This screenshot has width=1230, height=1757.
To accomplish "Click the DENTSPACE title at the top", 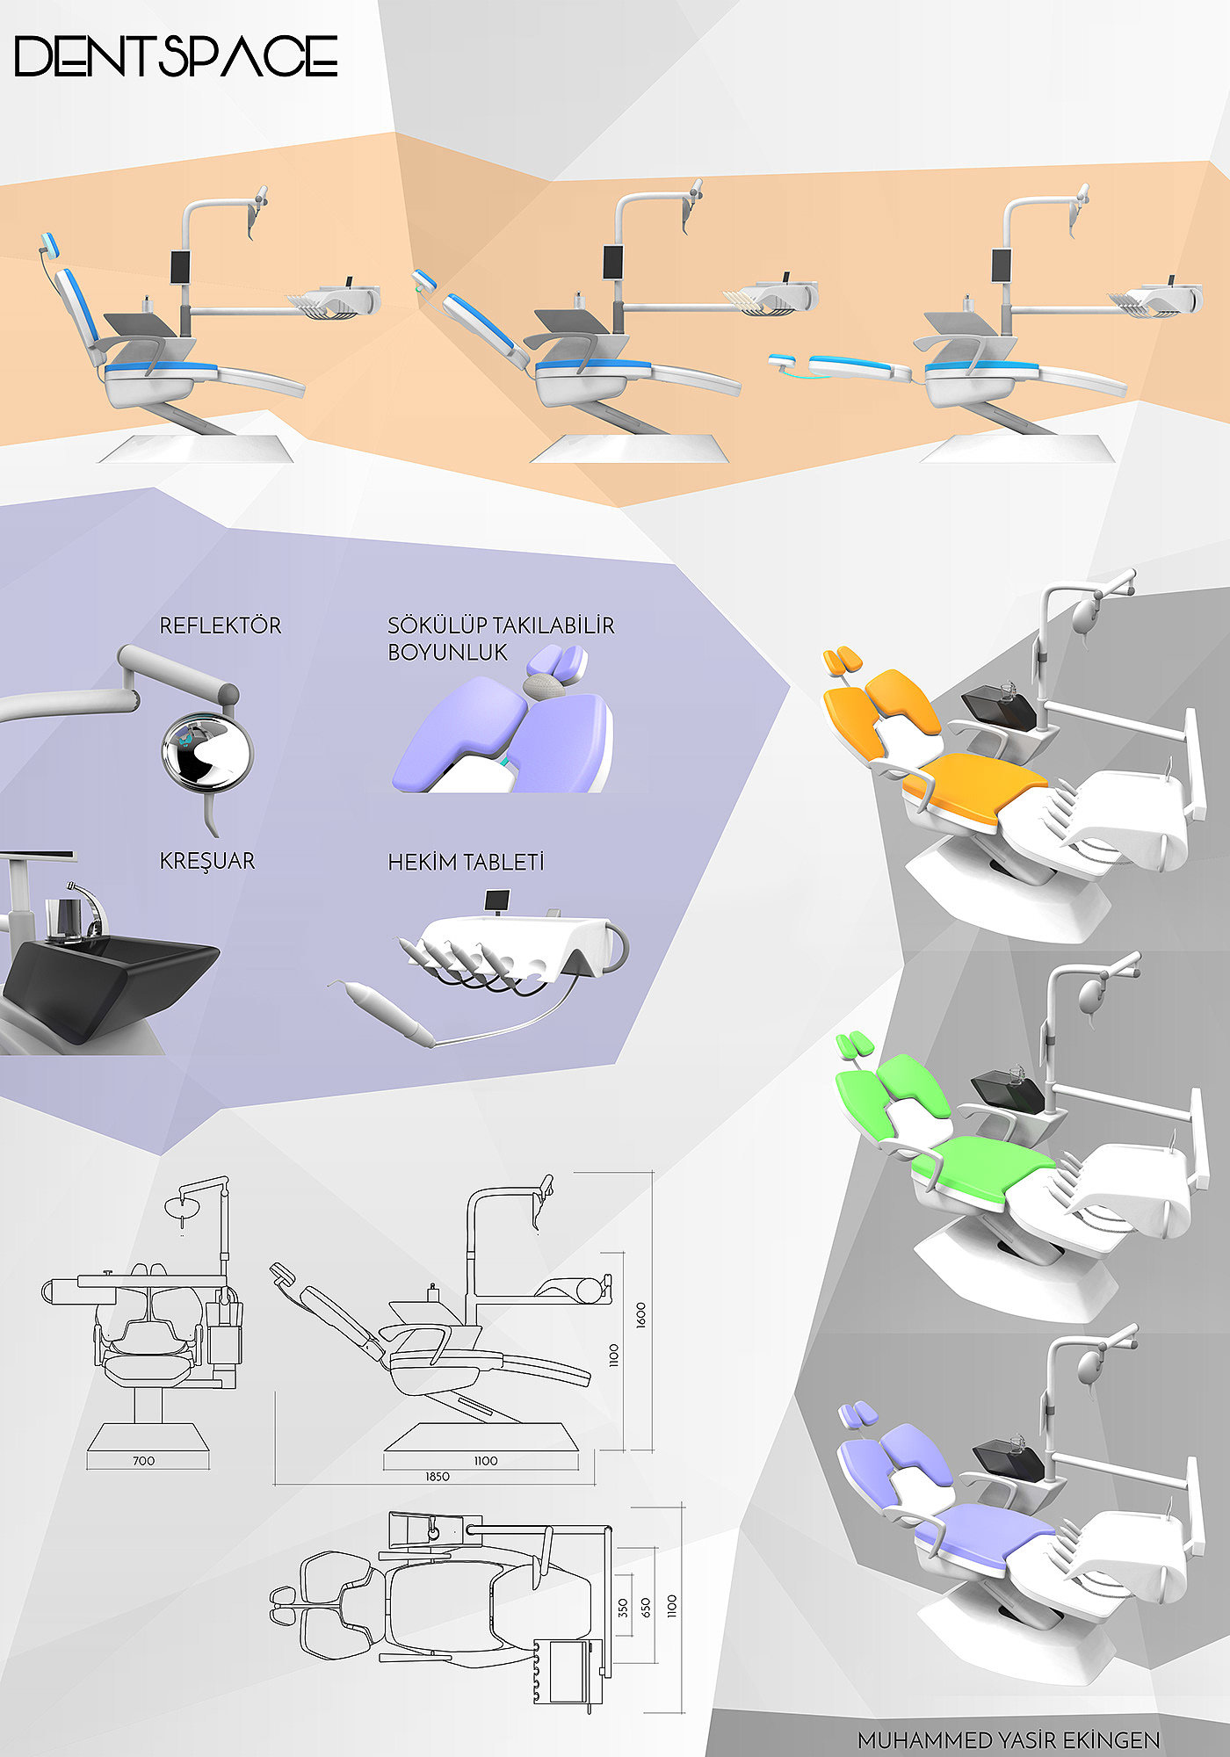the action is [x=176, y=56].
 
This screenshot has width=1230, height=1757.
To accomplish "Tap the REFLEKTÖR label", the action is [x=221, y=625].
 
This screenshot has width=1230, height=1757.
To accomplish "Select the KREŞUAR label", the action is [x=207, y=861].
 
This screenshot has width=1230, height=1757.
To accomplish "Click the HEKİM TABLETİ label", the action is [x=466, y=862].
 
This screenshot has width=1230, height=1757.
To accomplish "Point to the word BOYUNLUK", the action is [x=447, y=653].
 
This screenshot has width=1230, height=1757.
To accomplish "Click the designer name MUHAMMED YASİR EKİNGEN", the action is [x=1009, y=1739].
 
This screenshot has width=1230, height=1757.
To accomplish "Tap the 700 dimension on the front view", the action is [x=143, y=1460].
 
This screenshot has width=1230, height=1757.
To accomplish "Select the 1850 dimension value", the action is [x=438, y=1476].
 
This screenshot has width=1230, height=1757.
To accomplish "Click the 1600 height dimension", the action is [x=640, y=1314].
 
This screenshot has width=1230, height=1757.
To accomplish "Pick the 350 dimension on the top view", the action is [x=623, y=1608].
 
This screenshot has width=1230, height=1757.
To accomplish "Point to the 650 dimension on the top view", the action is [x=647, y=1608].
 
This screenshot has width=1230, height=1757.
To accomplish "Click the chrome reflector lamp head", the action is [x=207, y=752].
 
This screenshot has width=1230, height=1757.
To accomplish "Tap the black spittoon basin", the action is [x=110, y=984].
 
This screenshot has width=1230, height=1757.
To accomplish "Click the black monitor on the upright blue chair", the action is [x=182, y=266].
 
